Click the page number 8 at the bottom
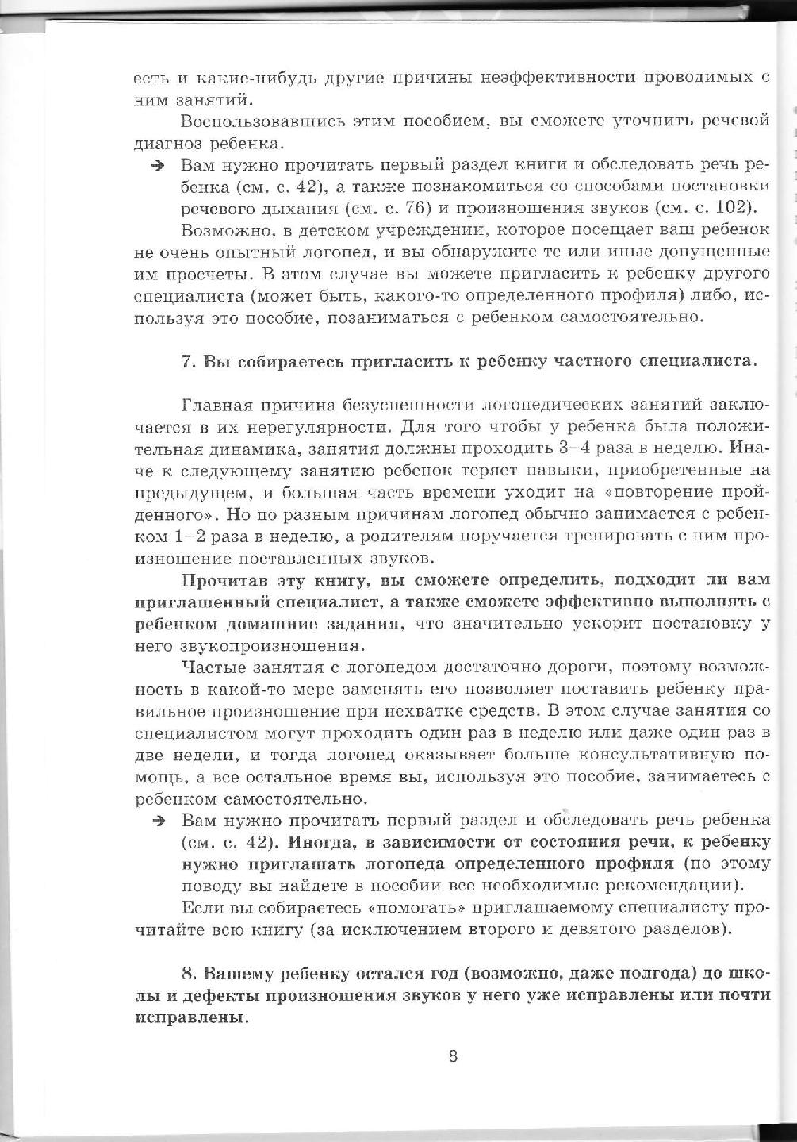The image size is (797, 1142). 453,1056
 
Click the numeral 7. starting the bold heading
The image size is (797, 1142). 188,361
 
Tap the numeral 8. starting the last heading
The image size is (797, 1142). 188,973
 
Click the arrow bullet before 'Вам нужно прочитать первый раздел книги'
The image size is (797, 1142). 159,165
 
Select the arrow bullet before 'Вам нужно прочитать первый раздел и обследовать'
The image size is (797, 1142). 159,820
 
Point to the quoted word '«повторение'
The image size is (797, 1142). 673,493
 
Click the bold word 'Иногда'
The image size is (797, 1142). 321,842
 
